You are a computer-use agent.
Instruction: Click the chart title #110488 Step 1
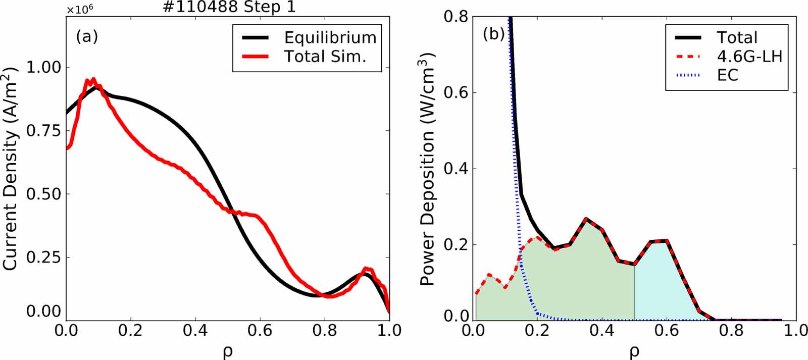pos(229,7)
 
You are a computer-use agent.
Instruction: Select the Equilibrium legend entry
pos(330,37)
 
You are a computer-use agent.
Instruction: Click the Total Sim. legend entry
pos(325,56)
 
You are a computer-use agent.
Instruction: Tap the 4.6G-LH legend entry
pos(749,56)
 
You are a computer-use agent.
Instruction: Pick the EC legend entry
pos(727,75)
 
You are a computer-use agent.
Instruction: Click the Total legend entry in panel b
pos(737,37)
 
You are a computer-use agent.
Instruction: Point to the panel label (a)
pos(87,36)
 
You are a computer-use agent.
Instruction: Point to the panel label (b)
pos(494,34)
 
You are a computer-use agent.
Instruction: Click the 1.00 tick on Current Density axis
pos(43,67)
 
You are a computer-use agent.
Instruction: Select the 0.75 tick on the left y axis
pos(43,131)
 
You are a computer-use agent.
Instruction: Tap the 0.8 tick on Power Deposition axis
pos(456,17)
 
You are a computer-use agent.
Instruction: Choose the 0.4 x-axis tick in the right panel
pos(602,331)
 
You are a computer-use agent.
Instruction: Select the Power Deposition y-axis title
pos(427,172)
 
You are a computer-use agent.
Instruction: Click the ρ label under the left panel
pos(227,351)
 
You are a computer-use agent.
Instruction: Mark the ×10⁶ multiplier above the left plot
pos(80,9)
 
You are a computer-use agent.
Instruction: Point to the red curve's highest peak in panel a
pos(93,79)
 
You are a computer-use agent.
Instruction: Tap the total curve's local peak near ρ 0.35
pos(586,219)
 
